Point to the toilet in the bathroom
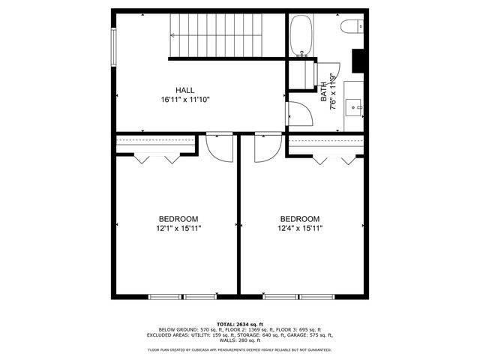click(x=352, y=27)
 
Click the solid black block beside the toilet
click(x=358, y=58)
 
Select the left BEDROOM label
click(x=178, y=219)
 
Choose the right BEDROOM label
click(x=300, y=219)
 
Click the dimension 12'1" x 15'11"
click(x=178, y=228)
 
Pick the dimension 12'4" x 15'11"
click(x=300, y=228)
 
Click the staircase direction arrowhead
click(x=174, y=35)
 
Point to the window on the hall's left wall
click(x=114, y=46)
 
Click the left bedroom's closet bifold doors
click(x=157, y=158)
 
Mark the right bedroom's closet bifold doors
click(x=334, y=159)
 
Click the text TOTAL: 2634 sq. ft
click(x=239, y=323)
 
